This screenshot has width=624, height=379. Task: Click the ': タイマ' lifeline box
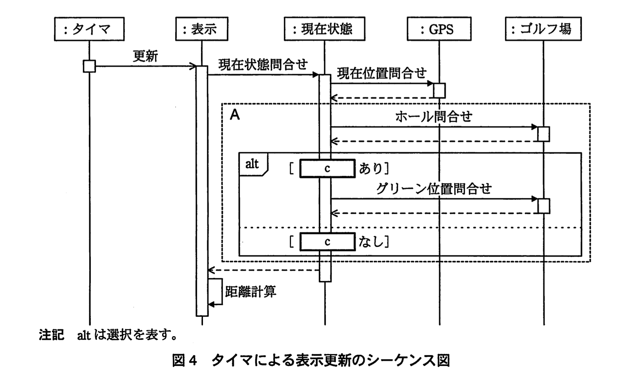pos(89,29)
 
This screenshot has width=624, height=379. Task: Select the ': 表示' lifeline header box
pos(201,29)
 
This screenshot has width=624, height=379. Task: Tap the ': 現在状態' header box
pos(324,29)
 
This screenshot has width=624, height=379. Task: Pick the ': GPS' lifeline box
pos(439,29)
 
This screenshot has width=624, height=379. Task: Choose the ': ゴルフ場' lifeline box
pos(543,29)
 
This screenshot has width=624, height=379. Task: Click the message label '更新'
pos(145,56)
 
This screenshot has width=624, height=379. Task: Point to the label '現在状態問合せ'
pos(263,64)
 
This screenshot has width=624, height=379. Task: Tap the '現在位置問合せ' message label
pos(382,73)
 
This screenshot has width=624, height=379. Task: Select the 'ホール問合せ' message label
pos(434,117)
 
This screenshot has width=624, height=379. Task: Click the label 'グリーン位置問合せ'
pos(434,189)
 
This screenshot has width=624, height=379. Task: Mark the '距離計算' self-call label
pos(251,292)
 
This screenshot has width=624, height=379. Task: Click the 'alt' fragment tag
pos(252,164)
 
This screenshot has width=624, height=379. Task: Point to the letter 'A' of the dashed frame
pos(235,115)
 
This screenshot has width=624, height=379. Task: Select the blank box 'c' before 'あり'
pos(327,168)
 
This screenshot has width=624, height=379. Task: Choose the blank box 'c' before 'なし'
pos(327,242)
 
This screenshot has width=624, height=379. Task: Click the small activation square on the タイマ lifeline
pos(89,66)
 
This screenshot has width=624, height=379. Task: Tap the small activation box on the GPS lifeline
pos(439,90)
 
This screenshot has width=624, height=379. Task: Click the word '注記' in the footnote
pos(52,335)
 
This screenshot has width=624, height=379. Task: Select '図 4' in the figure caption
pos(185,360)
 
